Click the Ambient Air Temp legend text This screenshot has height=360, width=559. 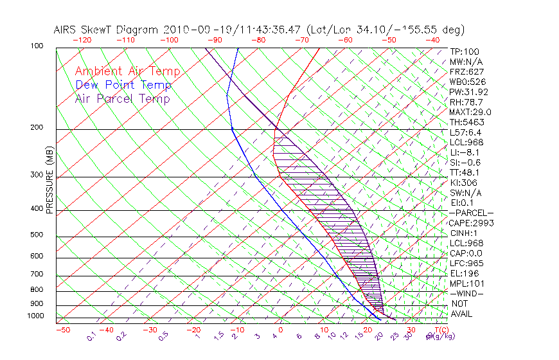click(127, 71)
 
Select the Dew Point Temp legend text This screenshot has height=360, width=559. click(123, 85)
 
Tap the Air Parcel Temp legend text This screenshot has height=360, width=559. click(122, 98)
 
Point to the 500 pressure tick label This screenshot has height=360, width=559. click(37, 235)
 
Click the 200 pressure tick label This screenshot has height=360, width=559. click(37, 128)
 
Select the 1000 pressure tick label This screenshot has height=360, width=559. click(36, 316)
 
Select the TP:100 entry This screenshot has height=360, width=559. click(465, 51)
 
